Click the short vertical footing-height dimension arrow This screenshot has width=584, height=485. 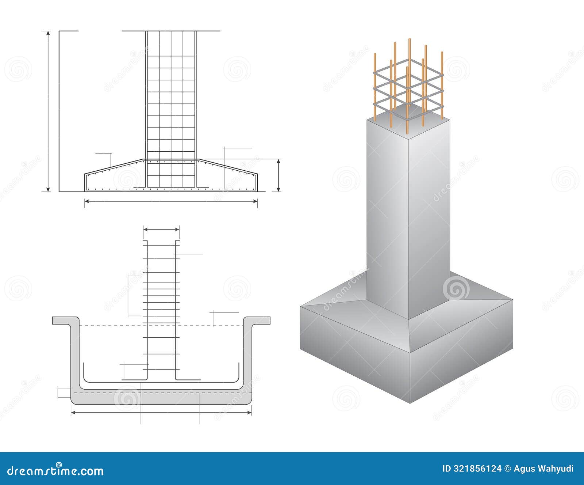click(278, 175)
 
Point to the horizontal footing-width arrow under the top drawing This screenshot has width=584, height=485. click(171, 201)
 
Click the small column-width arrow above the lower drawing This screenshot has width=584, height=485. click(161, 230)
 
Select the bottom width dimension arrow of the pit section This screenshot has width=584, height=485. click(161, 412)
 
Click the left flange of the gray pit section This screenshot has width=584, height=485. click(66, 321)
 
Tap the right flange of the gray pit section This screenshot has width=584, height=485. click(257, 321)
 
